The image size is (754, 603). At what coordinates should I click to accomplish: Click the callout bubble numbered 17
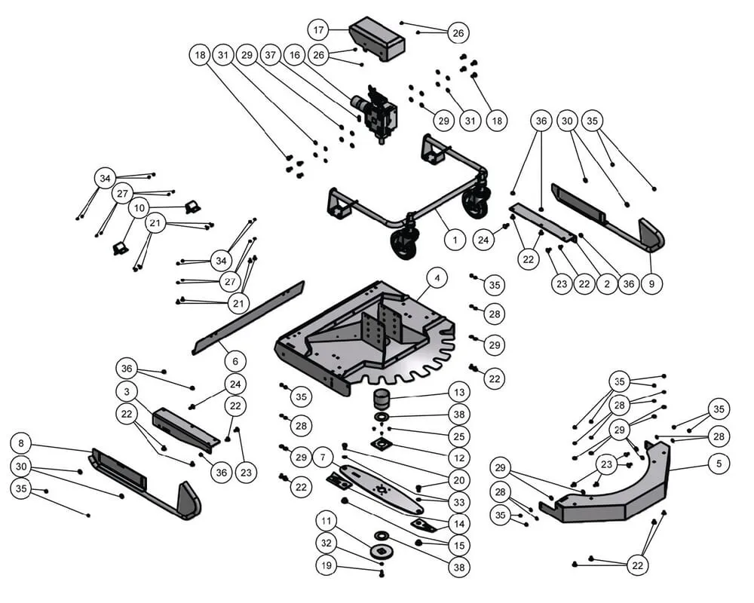[x=319, y=30]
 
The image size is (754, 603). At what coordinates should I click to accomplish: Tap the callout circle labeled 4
[x=437, y=278]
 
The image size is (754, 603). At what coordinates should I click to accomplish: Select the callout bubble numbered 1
[x=455, y=240]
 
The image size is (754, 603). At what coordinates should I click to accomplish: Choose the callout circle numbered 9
[x=651, y=284]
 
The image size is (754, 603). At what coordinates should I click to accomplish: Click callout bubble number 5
[x=719, y=464]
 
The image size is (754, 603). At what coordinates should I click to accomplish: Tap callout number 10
[x=139, y=207]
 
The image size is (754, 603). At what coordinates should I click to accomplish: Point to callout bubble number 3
[x=127, y=392]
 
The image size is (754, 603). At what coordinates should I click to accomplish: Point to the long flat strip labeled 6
[x=249, y=317]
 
